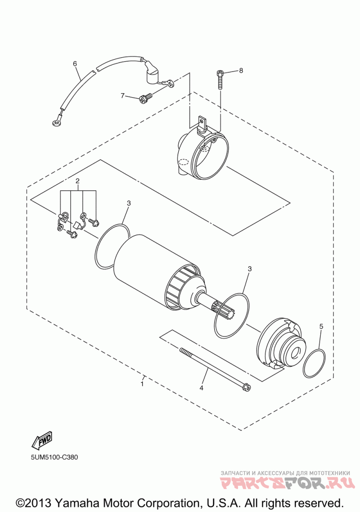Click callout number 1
[x=142, y=384]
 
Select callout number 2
[x=77, y=181]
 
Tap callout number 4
[x=202, y=387]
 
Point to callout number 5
[x=321, y=326]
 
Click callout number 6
[x=75, y=63]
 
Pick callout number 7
[x=122, y=96]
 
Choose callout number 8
[x=241, y=71]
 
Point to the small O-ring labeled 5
[x=314, y=364]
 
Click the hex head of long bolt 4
[x=246, y=386]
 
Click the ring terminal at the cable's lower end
[x=56, y=121]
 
